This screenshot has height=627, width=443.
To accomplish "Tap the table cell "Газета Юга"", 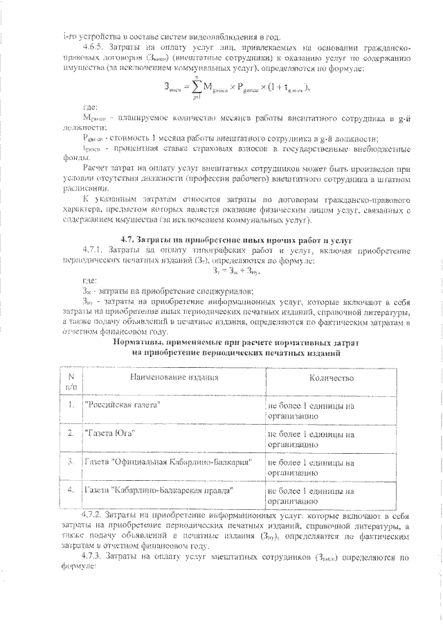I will (109, 432).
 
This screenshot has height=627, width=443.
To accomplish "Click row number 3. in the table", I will (71, 461).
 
